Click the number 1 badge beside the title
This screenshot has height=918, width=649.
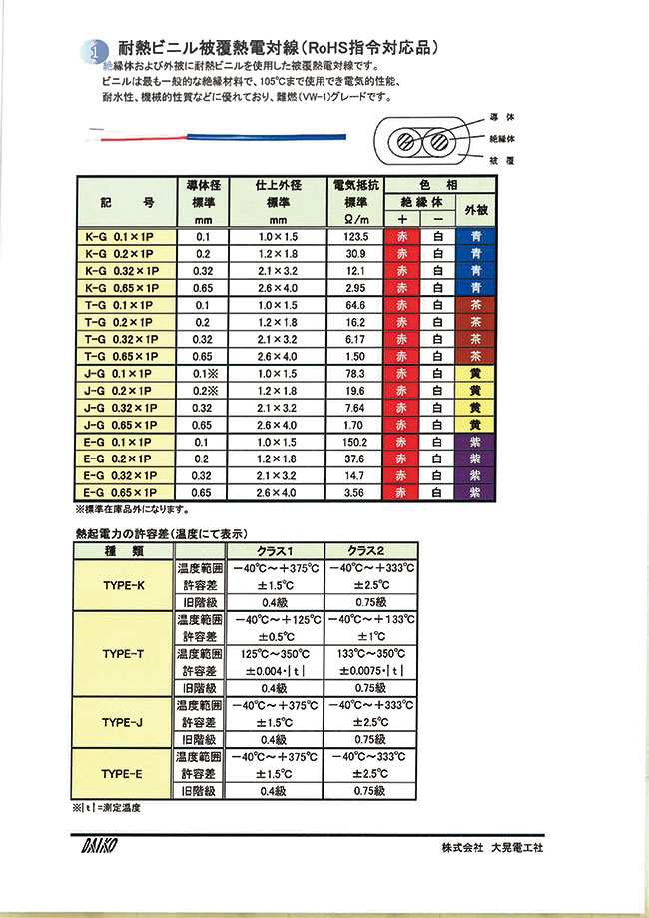click(92, 49)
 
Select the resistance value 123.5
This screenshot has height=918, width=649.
click(355, 237)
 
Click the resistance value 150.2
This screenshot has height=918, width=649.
click(355, 441)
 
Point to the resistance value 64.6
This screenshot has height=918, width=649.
click(355, 305)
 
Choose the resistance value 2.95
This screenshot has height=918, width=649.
click(355, 288)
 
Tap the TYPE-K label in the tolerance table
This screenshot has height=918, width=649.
click(124, 585)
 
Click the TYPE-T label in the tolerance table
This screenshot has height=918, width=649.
click(124, 654)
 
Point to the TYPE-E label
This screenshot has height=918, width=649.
click(124, 773)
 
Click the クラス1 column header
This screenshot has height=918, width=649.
click(275, 550)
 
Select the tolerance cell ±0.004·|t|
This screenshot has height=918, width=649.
click(275, 671)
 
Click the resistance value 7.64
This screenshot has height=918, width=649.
click(355, 407)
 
